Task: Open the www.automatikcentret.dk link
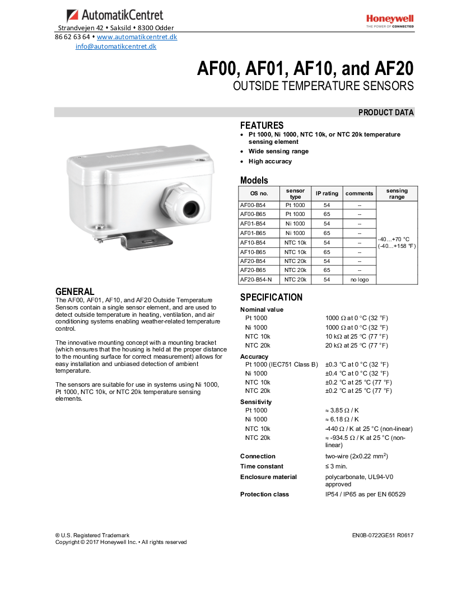[137, 37]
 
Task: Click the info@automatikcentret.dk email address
[116, 46]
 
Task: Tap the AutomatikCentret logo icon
[72, 16]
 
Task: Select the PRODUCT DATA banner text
[386, 112]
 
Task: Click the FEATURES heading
[262, 125]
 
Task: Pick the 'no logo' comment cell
[359, 279]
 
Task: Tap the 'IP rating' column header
[327, 194]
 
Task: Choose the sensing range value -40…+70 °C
[394, 239]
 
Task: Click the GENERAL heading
[74, 292]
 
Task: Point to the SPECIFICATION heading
[271, 297]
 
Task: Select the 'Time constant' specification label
[262, 466]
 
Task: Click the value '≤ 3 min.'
[336, 466]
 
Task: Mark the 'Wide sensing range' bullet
[278, 151]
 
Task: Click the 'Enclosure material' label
[268, 477]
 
